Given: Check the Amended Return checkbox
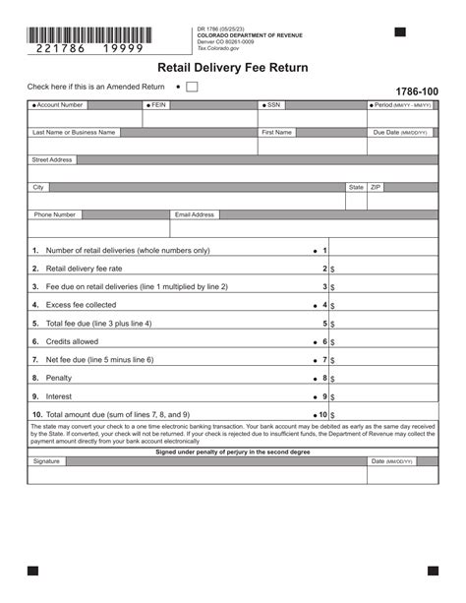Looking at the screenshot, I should click(192, 87).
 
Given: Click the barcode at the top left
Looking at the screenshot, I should click(89, 34).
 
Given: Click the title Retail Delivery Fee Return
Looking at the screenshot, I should click(233, 68).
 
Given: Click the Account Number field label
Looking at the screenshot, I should click(60, 104).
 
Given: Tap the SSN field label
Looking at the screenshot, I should click(274, 104).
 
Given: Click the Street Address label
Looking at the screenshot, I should click(52, 159).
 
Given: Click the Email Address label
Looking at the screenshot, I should click(195, 214).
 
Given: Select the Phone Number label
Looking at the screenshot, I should click(55, 214).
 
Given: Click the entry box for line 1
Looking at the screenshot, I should click(383, 250).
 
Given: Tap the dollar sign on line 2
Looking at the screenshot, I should click(333, 269).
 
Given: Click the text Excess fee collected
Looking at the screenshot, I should click(81, 305).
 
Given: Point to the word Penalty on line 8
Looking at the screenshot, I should click(59, 378).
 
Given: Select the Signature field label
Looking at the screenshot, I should click(46, 460).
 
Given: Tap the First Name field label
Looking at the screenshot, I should click(277, 132).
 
